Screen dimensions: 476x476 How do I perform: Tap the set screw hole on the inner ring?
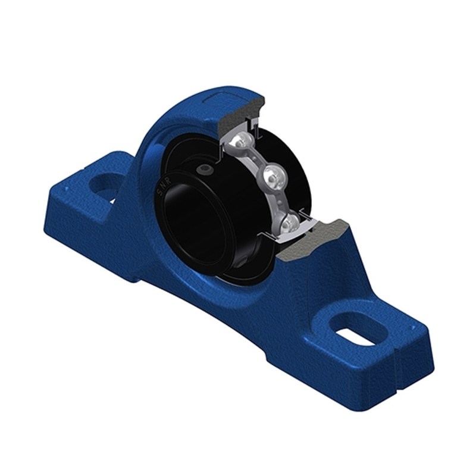206,171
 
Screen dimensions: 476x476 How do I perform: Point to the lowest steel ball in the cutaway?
290,223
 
